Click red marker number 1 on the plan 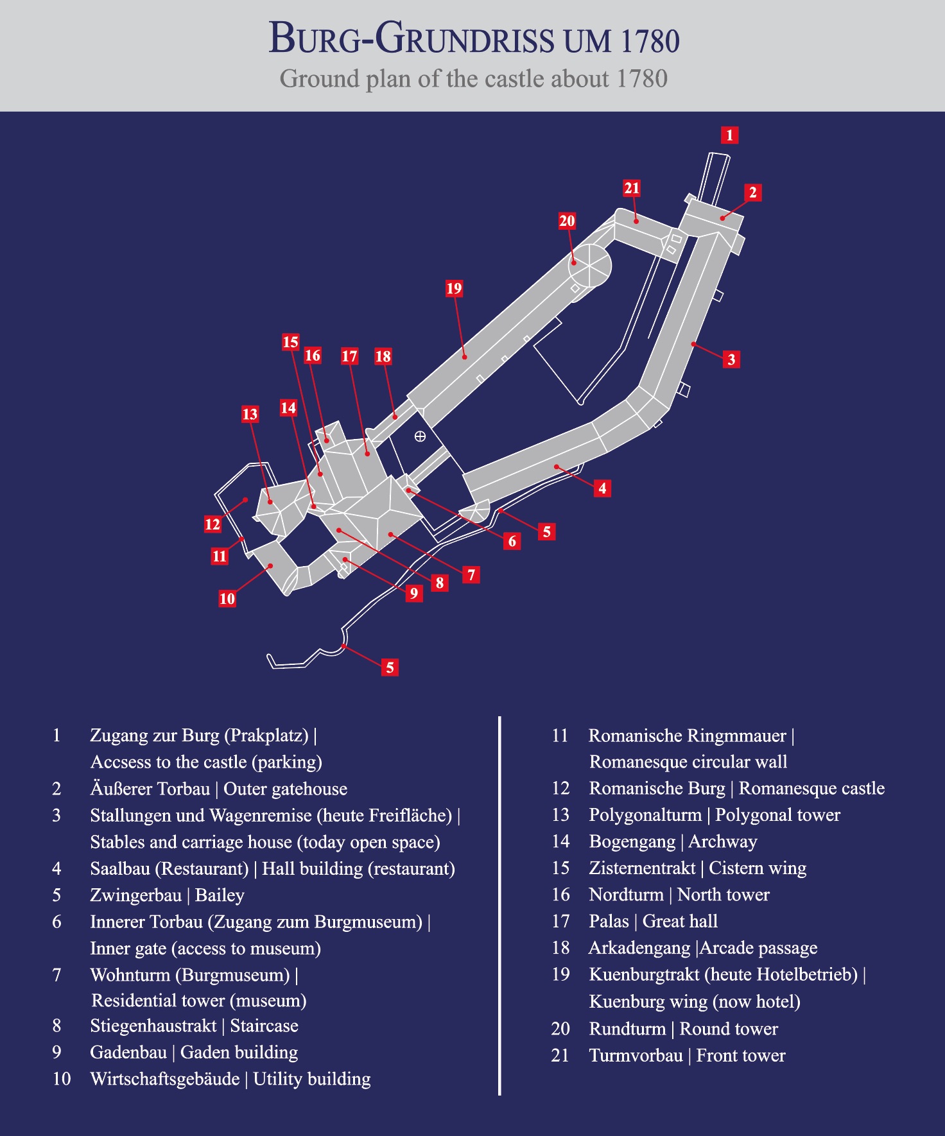tap(729, 135)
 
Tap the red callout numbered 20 tap(567, 221)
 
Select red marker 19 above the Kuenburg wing tap(454, 289)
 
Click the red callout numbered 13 tap(250, 415)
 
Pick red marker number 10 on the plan tap(227, 599)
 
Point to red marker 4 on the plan tap(602, 488)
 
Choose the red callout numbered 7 tap(471, 575)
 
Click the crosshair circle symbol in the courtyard tap(420, 436)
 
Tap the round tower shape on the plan tap(589, 266)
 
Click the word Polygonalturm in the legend tap(645, 815)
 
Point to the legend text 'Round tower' tap(729, 1029)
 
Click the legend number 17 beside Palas tap(560, 922)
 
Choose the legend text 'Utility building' tap(312, 1079)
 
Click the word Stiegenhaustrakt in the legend tap(153, 1026)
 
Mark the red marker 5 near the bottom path tap(390, 667)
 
